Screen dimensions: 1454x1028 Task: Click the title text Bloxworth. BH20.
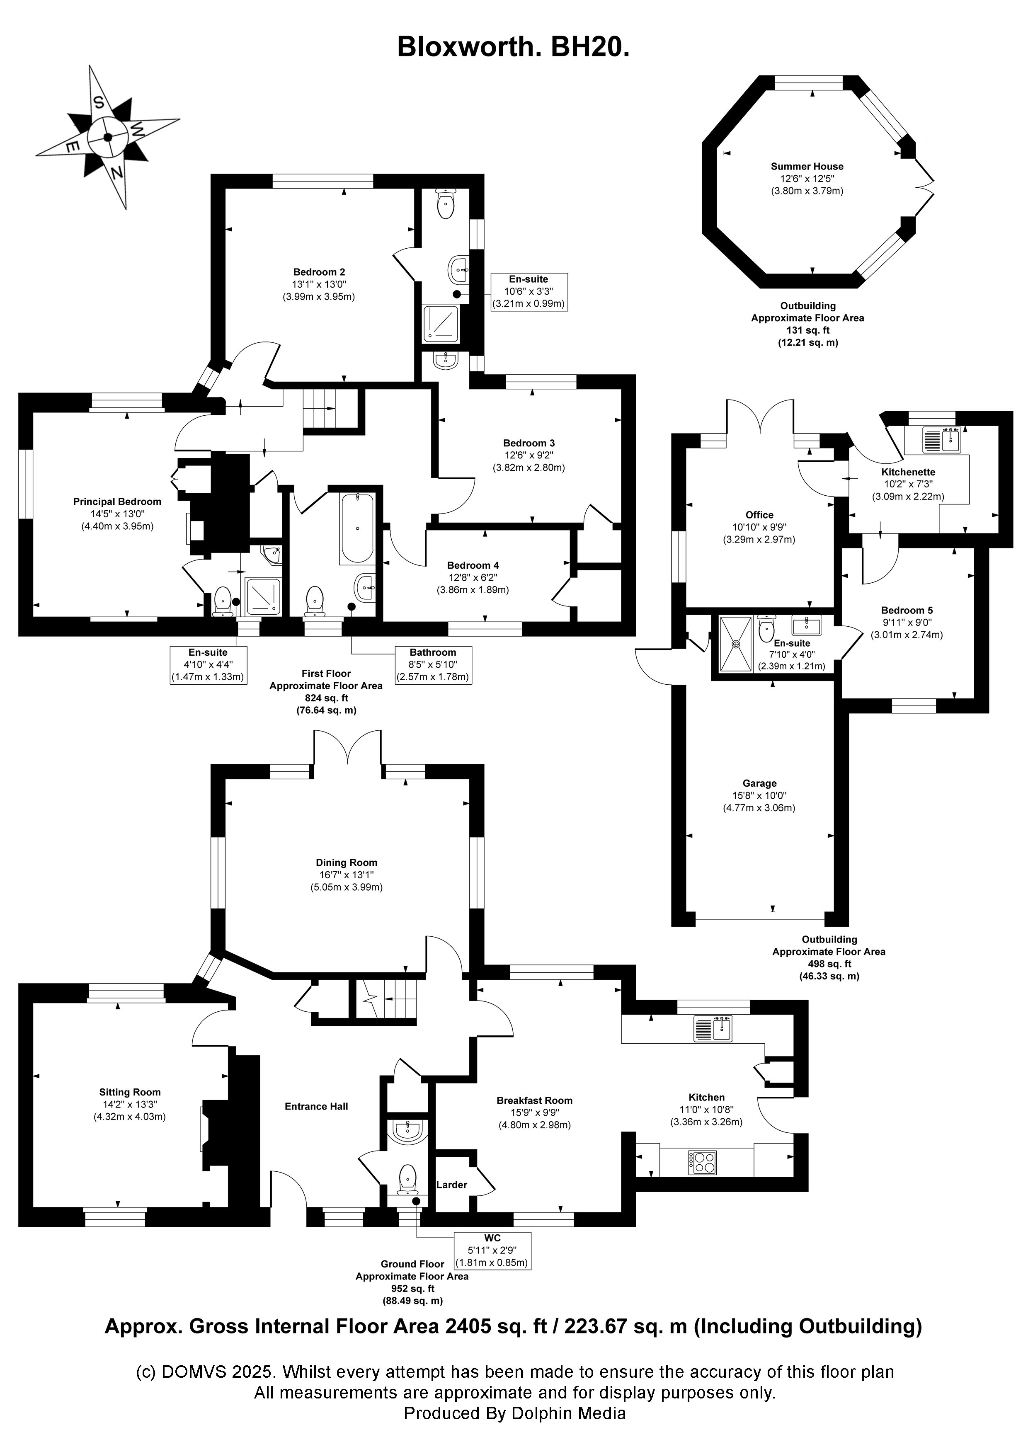[x=513, y=47]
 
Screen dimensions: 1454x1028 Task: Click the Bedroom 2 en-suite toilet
[x=446, y=203]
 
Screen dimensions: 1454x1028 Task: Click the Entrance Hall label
[x=316, y=1106]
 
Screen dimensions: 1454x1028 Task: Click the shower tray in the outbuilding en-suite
[x=736, y=643]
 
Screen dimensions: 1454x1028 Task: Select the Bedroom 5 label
[x=907, y=611]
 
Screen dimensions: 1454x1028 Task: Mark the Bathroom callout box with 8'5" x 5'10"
[x=433, y=664]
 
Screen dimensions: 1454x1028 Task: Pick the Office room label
[x=759, y=515]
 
